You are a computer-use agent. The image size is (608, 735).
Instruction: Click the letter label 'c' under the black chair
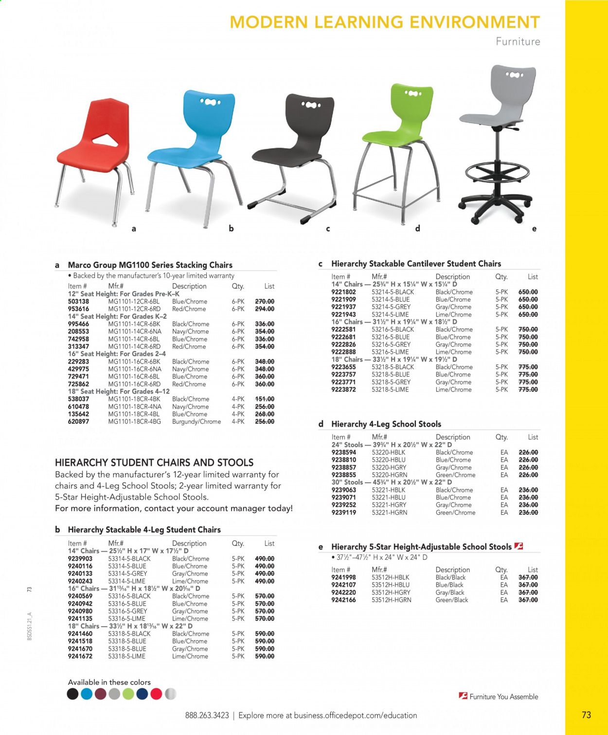(328, 228)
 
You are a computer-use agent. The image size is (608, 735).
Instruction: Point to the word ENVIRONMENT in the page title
(475, 22)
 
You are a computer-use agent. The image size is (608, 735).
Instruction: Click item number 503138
(78, 302)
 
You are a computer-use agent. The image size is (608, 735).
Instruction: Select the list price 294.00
(265, 309)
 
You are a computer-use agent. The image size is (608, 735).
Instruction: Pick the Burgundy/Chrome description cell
(197, 422)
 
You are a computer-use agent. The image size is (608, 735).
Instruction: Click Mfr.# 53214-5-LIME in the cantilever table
(390, 315)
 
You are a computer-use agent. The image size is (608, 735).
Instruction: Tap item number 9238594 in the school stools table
(344, 452)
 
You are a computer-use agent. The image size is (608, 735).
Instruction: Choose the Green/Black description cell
(451, 600)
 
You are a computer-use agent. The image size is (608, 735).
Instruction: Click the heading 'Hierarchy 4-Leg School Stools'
(386, 424)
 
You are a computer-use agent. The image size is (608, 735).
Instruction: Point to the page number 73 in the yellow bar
(586, 715)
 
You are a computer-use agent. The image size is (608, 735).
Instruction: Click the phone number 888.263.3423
(207, 716)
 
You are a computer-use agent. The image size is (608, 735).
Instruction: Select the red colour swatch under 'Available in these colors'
(156, 694)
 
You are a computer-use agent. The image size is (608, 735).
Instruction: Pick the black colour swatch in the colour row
(72, 694)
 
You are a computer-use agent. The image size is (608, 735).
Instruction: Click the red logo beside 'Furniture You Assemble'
(463, 696)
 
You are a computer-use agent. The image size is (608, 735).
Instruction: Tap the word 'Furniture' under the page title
(518, 42)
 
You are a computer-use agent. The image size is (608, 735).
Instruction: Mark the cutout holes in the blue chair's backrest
(210, 102)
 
